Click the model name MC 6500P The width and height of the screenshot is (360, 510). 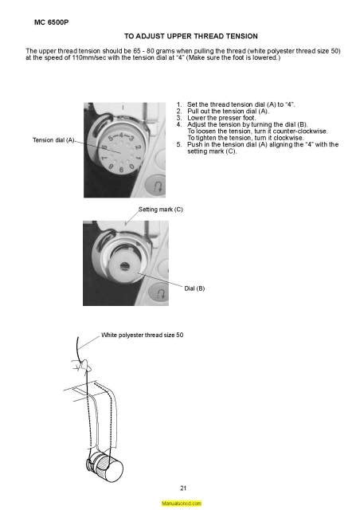[x=52, y=22]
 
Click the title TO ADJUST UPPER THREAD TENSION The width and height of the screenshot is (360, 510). [x=191, y=36]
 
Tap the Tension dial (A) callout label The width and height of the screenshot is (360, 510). [x=53, y=140]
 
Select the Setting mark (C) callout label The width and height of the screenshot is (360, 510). [x=161, y=210]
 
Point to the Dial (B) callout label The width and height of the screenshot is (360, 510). [x=194, y=288]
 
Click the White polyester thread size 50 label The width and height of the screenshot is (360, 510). [x=142, y=335]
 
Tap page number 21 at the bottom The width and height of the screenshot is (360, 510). [x=183, y=488]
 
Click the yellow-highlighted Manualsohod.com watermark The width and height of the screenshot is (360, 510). [x=181, y=503]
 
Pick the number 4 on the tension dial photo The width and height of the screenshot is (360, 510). [x=121, y=135]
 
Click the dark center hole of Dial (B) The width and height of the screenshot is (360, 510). [x=124, y=266]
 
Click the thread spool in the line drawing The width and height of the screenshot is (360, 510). [x=105, y=465]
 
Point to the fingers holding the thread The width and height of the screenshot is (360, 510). [x=81, y=365]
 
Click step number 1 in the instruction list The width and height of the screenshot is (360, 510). [x=179, y=104]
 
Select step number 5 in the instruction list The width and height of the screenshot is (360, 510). [x=179, y=145]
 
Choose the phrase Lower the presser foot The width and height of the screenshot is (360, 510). [x=221, y=118]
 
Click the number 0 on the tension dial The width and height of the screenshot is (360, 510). [x=131, y=167]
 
